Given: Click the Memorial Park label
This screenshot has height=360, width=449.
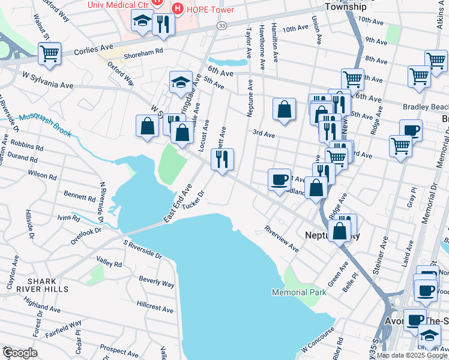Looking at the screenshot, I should coord(298,292).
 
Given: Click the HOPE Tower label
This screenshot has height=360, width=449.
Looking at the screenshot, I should coord(202,8).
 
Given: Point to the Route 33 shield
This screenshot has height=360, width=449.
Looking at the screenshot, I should coord(222,26).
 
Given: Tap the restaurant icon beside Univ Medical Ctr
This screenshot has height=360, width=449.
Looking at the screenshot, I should coord(163,24).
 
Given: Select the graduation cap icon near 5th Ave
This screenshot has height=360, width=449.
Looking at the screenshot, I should coord(181,83).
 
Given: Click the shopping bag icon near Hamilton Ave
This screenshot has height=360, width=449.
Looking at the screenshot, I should coord(285,110).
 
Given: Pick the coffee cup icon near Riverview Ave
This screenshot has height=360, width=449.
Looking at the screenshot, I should coord(279,180).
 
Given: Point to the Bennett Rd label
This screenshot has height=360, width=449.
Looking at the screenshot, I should coord(80,196).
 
